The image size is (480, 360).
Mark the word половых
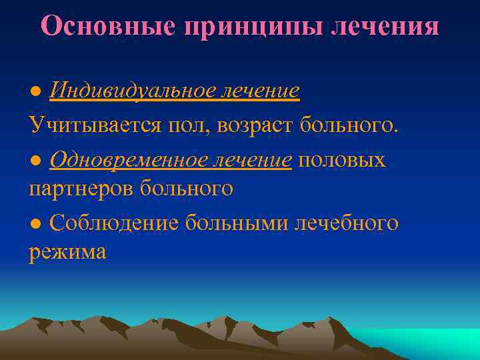point(342,159)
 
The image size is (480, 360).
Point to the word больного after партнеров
point(187,189)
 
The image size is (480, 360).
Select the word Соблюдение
point(114,223)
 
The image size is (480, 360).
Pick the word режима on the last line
point(67,252)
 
